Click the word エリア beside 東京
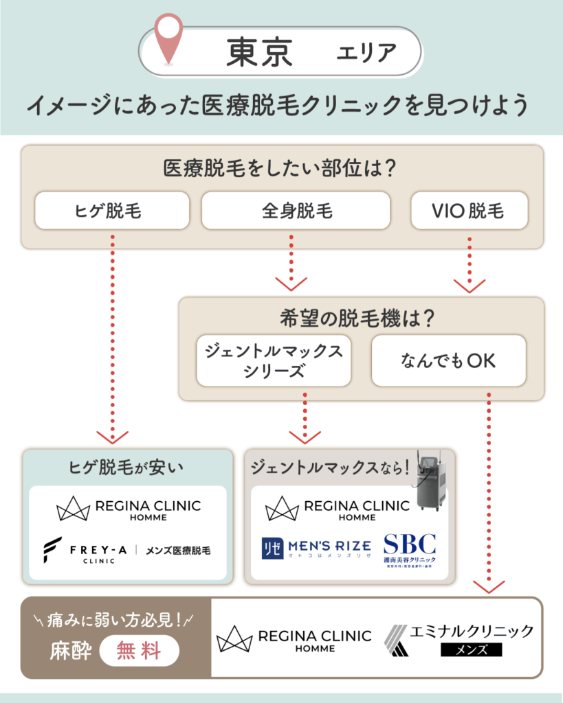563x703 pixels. (366, 52)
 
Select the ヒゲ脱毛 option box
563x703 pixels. (111, 210)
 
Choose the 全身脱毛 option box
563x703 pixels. (296, 210)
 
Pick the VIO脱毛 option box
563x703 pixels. (469, 210)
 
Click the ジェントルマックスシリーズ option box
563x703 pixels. (274, 360)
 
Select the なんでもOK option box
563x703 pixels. (448, 360)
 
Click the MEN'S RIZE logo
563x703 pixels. (316, 547)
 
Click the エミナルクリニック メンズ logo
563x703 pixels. (458, 640)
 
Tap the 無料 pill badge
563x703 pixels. (140, 650)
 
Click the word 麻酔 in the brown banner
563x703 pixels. (70, 651)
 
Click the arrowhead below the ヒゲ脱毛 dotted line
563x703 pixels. (111, 436)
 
